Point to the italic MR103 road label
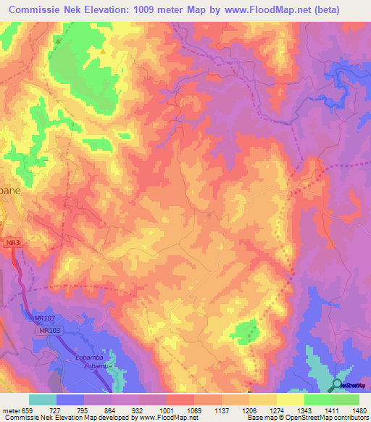(44, 318)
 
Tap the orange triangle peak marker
(104, 51)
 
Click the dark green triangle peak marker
(57, 41)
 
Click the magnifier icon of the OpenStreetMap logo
(337, 385)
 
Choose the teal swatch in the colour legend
(42, 400)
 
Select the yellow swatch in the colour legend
(290, 400)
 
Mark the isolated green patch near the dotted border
(247, 331)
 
